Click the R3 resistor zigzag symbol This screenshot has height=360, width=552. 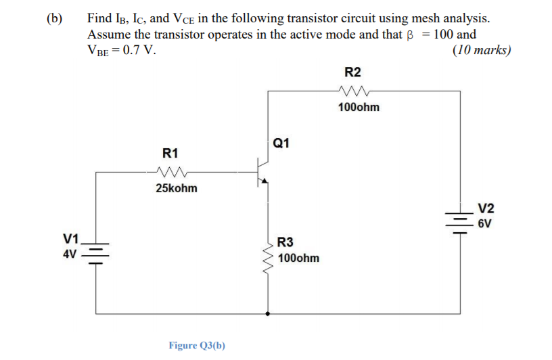click(x=269, y=259)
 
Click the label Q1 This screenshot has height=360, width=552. click(x=283, y=143)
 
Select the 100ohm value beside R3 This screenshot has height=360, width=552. click(x=298, y=258)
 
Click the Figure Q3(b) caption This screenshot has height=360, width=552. click(x=197, y=345)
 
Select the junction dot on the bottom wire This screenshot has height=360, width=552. click(x=269, y=313)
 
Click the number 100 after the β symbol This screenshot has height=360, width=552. click(x=446, y=34)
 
